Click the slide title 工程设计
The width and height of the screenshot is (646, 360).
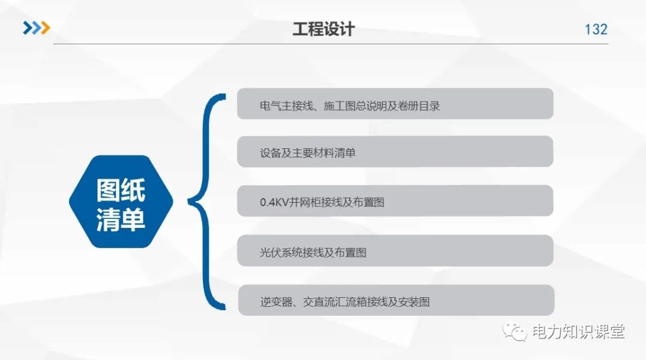coord(323,29)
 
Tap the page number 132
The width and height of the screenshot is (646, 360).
coord(596,29)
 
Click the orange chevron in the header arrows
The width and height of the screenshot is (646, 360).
coord(44,28)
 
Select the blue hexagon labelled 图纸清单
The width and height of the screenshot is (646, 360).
coord(121,202)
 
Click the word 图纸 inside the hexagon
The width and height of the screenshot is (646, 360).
coord(121,190)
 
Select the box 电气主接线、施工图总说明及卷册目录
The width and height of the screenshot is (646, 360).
coord(395,104)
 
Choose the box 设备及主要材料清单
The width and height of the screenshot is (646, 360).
coord(395,151)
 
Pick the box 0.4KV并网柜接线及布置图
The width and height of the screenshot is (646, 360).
coord(395,201)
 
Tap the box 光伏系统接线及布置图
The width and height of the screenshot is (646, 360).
coord(395,251)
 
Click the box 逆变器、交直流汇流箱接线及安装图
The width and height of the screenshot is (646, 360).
coord(395,300)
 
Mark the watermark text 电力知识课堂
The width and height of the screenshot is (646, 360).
coord(578,331)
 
